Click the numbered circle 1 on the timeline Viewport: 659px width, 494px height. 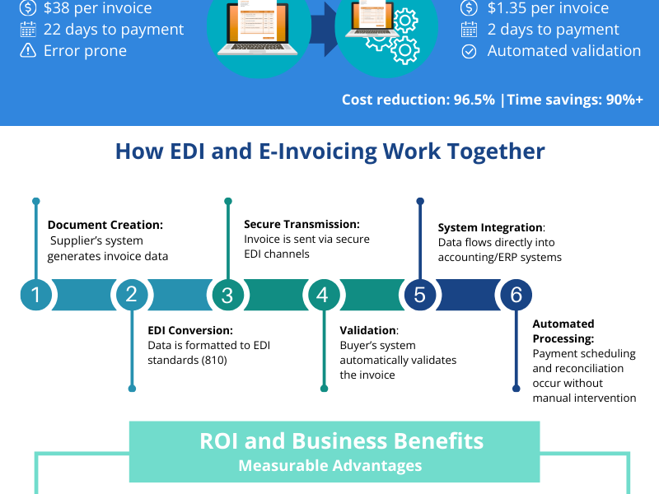tap(35, 295)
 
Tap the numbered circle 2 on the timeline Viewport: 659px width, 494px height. tap(131, 295)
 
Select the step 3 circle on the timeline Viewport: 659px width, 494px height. tap(227, 295)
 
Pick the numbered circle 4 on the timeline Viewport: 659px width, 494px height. tap(323, 295)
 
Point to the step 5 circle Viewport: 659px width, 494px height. tap(419, 295)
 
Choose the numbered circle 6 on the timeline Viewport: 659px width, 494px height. tap(516, 295)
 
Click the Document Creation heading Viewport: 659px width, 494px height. tap(105, 225)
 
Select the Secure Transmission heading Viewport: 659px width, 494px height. tap(301, 224)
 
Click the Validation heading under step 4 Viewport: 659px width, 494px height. tap(367, 331)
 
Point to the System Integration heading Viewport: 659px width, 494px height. tap(490, 227)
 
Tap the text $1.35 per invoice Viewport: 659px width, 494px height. tap(548, 8)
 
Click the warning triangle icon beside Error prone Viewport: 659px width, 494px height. tap(28, 50)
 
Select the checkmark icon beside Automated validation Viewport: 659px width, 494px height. tap(469, 51)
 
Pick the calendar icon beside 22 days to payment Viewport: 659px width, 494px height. tap(28, 30)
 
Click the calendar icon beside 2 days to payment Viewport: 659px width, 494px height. tap(469, 30)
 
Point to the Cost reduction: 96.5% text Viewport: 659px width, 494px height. tap(418, 100)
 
